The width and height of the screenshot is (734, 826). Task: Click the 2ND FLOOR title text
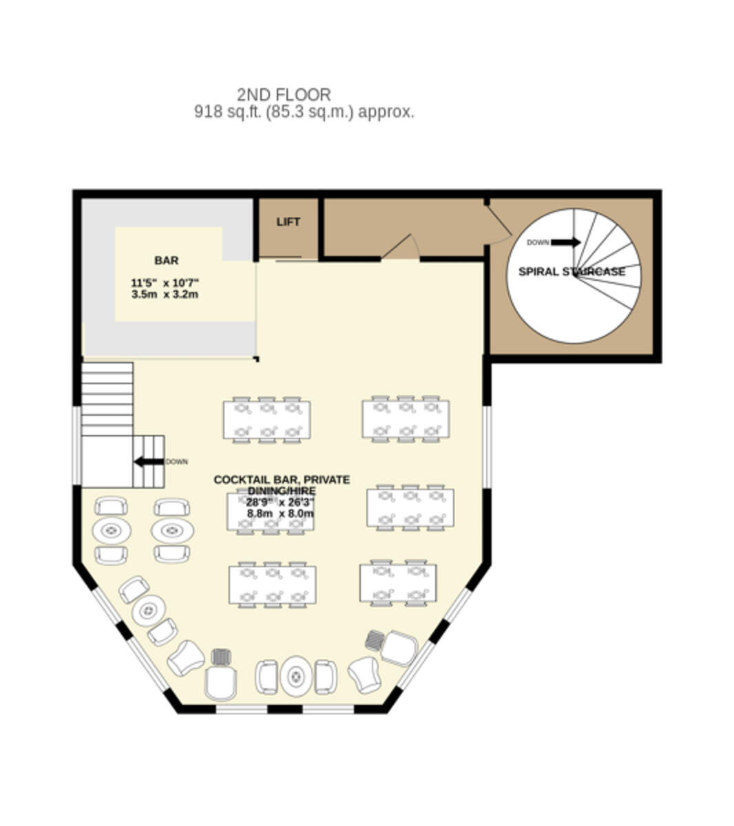point(284,95)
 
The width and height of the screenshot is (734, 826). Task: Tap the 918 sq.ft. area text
point(304,112)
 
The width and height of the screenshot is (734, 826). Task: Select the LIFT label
point(289,222)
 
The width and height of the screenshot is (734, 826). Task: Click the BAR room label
point(167,261)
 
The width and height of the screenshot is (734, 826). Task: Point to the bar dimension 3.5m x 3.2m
point(165,295)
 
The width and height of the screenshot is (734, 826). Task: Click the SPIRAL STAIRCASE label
point(572,272)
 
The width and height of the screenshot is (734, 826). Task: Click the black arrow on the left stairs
point(149,462)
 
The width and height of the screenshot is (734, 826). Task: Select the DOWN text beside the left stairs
point(177,462)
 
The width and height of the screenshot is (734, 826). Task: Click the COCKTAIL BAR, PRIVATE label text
point(282,480)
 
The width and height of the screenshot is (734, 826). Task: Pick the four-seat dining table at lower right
point(399,583)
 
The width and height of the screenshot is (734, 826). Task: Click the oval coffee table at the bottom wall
point(296,675)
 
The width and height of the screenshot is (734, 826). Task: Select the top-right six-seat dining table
point(406,419)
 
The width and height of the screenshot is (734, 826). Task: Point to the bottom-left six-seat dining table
point(273,584)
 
